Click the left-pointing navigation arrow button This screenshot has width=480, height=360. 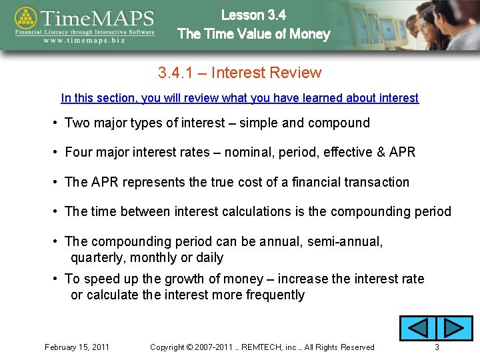click(x=417, y=329)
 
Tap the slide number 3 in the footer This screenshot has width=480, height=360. click(x=437, y=347)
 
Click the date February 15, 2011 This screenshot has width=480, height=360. click(x=77, y=347)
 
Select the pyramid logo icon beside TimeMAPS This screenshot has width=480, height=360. click(x=26, y=21)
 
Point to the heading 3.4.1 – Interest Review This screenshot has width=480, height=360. click(x=239, y=73)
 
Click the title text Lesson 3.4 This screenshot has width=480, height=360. click(x=253, y=15)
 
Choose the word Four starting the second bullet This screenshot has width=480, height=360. click(x=79, y=152)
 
